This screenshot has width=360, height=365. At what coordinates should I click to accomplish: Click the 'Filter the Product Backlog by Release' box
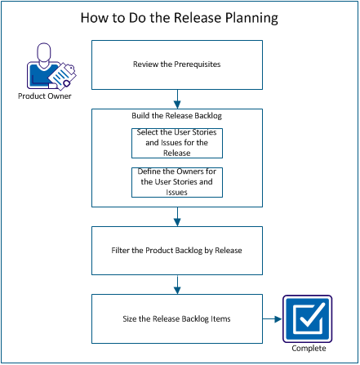pos(177,250)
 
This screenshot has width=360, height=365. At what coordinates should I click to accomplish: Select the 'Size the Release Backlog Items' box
pos(177,318)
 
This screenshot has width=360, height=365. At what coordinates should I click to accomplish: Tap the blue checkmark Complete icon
pos(304,318)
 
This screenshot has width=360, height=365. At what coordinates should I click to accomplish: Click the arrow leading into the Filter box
pos(177,216)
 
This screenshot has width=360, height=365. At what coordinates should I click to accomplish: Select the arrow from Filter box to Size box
pos(177,284)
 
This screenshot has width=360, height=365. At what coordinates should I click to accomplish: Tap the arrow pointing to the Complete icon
pos(272,318)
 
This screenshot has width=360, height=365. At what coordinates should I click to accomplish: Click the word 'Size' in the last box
pos(136,318)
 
